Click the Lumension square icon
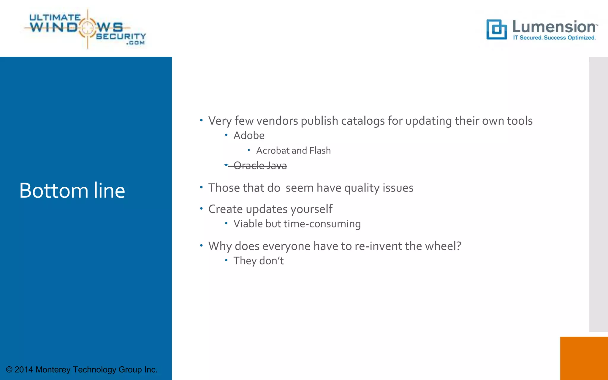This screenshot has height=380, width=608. (496, 29)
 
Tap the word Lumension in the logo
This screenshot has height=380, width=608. (554, 27)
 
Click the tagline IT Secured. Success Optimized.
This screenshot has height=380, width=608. (554, 38)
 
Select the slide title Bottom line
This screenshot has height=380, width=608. (72, 190)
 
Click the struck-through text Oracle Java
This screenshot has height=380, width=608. (260, 166)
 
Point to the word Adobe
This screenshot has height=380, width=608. (249, 135)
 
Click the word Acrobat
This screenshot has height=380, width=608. (273, 151)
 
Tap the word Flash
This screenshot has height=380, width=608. (320, 151)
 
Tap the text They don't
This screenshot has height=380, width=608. (258, 261)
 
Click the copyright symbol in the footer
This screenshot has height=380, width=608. (9, 370)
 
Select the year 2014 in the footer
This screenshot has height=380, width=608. (24, 370)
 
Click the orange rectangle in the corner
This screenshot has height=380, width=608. (584, 358)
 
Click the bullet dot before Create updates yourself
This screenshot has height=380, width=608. (201, 209)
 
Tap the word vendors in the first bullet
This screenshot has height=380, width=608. (277, 121)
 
